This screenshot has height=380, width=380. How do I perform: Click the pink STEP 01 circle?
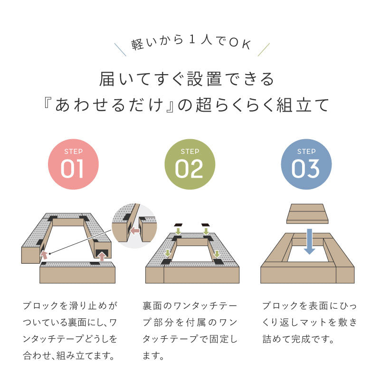[x=73, y=164]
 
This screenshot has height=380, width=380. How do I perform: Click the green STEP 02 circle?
[x=190, y=164]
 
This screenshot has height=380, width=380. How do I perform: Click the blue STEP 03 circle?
[x=306, y=164]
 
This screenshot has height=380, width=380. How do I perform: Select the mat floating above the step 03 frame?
[x=308, y=213]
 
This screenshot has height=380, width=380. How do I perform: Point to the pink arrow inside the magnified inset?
[x=135, y=231]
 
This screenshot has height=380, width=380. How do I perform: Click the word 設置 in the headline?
[x=207, y=79]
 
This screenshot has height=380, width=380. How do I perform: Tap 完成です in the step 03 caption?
[x=314, y=339]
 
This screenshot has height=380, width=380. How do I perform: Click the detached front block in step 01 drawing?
[x=77, y=273]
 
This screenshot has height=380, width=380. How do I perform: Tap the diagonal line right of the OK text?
[x=263, y=49]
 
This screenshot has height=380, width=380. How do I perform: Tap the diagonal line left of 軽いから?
[x=120, y=49]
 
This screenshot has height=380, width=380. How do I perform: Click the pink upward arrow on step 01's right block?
[x=101, y=256]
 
